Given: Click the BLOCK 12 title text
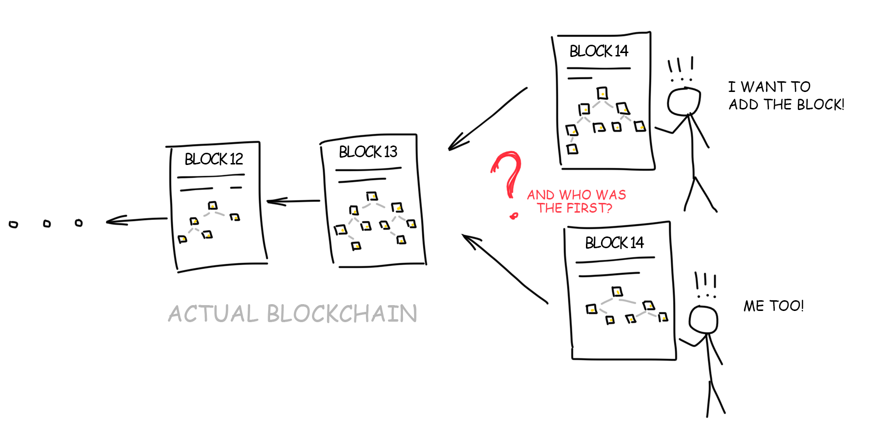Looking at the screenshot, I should tap(214, 159).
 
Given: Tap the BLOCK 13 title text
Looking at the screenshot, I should tap(368, 152).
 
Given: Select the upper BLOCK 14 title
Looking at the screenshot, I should tap(599, 51).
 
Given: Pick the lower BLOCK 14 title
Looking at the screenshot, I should tap(614, 243).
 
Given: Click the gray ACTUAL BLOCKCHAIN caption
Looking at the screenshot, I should tap(292, 313).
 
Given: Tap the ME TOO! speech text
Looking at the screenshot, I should tap(773, 306).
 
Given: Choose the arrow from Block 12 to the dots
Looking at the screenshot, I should tap(136, 220).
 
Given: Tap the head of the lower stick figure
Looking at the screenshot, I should tap(703, 320).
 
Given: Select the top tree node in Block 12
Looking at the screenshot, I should tap(213, 205).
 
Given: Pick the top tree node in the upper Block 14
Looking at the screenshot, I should tap(602, 93).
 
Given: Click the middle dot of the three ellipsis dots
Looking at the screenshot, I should tap(47, 223).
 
